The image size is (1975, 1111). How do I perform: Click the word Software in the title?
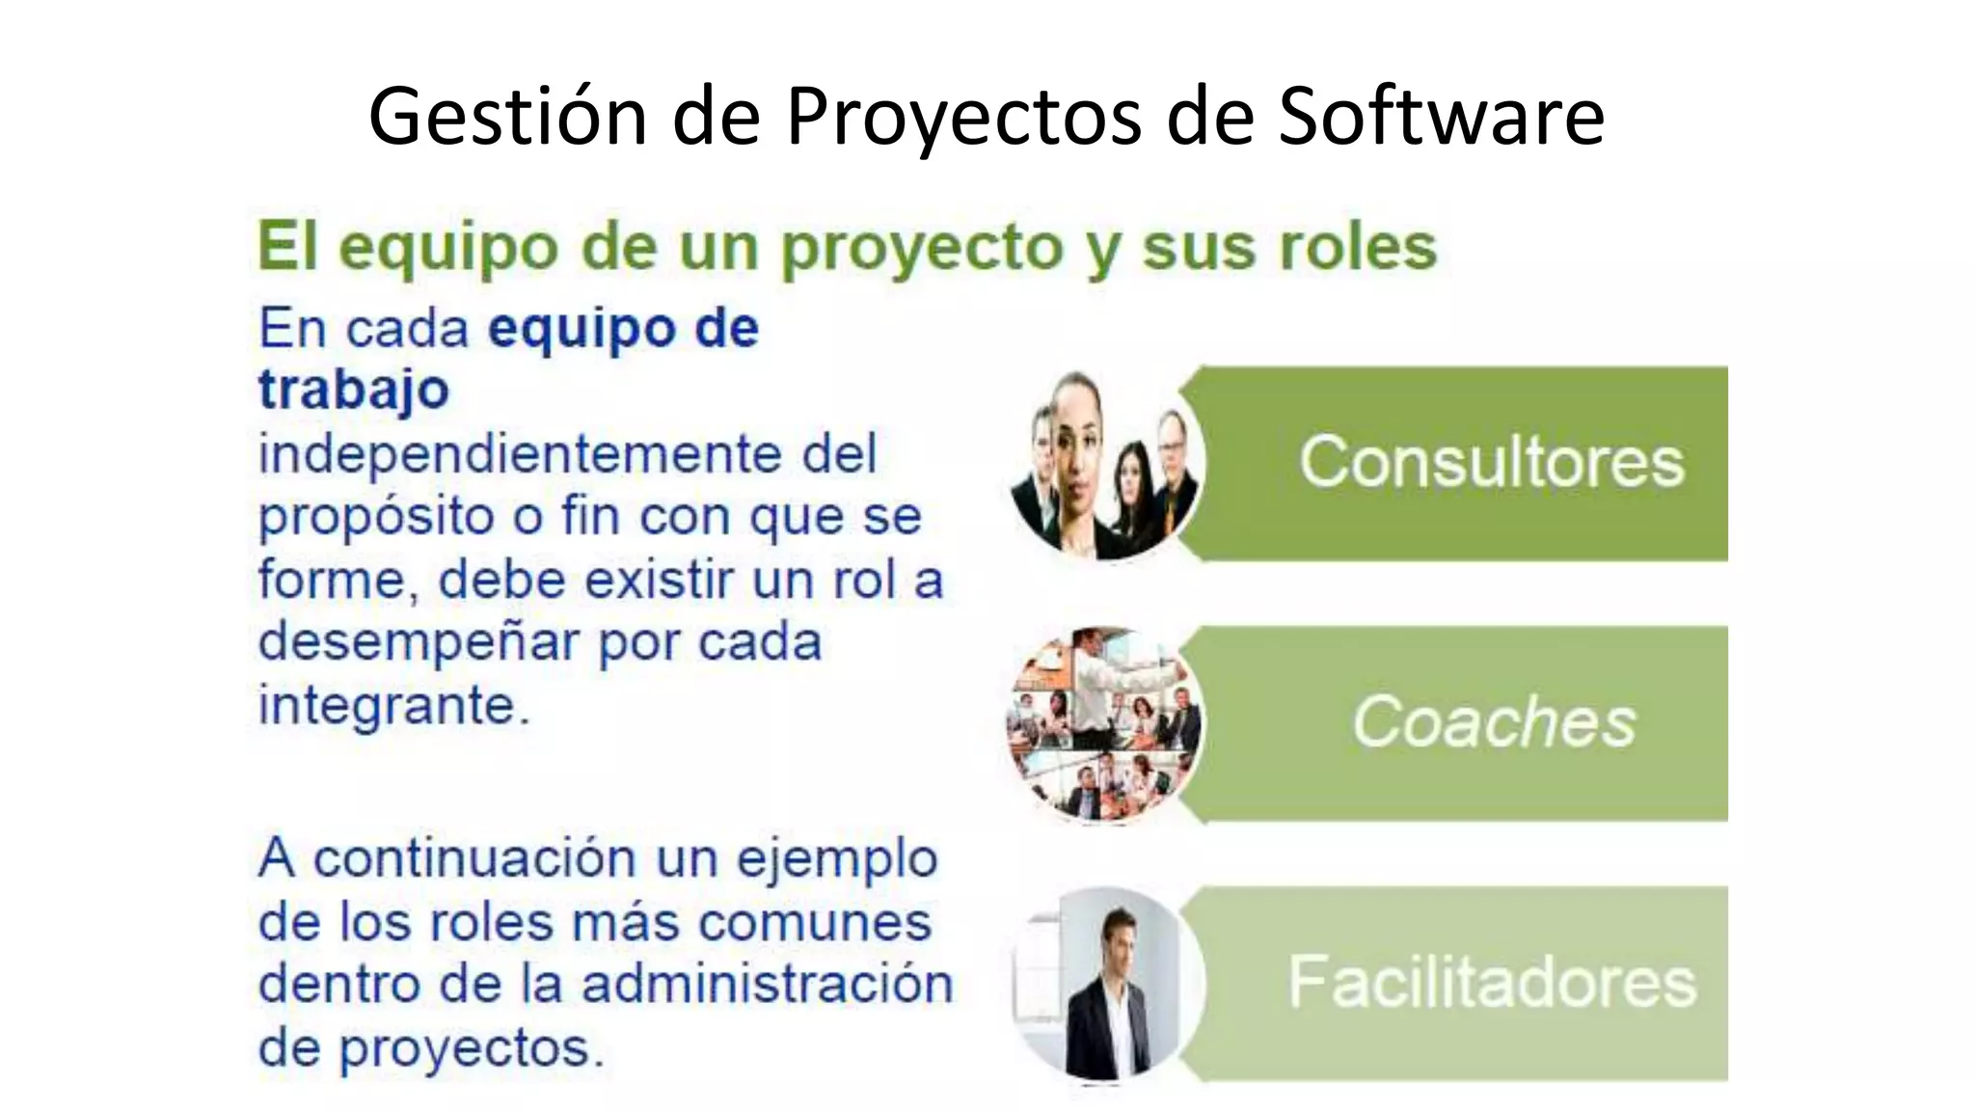tap(1441, 116)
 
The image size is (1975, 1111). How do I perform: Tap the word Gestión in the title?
tap(507, 116)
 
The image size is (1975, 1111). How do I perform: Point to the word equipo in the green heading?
tap(448, 249)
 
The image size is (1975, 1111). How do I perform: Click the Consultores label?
tap(1491, 462)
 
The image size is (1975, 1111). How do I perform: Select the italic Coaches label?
tap(1494, 721)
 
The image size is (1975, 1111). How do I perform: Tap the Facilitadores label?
tap(1492, 982)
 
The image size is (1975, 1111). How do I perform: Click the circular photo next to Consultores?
tap(1106, 465)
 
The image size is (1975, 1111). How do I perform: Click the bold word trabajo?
tap(354, 390)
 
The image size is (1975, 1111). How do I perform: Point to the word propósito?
tap(375, 518)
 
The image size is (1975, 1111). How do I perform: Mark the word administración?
tap(767, 985)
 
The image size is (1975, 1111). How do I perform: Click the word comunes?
tap(814, 922)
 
